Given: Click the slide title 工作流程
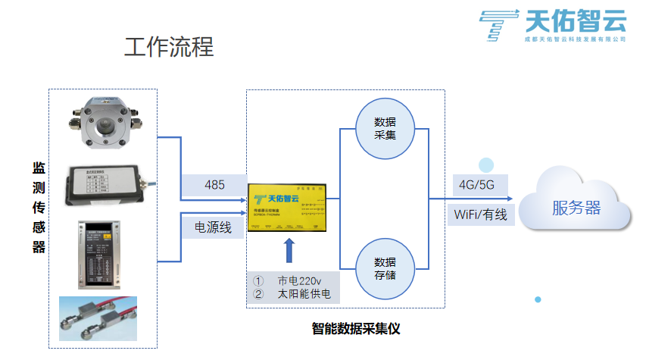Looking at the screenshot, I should click(x=169, y=47).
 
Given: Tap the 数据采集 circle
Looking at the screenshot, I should click(x=385, y=128).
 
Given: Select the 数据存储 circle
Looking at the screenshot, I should click(x=385, y=268).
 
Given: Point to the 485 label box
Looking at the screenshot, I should click(x=214, y=184).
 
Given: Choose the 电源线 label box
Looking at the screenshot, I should click(x=214, y=226).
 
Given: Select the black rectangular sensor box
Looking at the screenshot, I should click(x=105, y=186).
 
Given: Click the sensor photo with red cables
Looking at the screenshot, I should click(x=98, y=319).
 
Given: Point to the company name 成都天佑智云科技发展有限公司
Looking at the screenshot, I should click(x=576, y=39).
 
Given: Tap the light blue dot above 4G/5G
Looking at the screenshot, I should click(x=485, y=165).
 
